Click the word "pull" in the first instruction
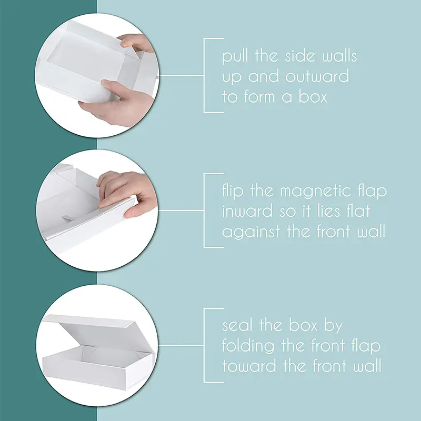pyautogui.click(x=235, y=57)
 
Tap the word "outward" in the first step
pyautogui.click(x=317, y=76)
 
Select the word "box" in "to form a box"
pyautogui.click(x=313, y=96)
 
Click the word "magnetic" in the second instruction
pyautogui.click(x=316, y=192)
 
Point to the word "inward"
pyautogui.click(x=247, y=211)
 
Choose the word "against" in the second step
pyautogui.click(x=252, y=232)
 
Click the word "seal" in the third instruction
pyautogui.click(x=238, y=325)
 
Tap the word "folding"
pyautogui.click(x=248, y=346)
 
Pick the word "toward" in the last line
pyautogui.click(x=249, y=366)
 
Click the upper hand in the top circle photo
pyautogui.click(x=136, y=43)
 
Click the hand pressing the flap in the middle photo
pyautogui.click(x=126, y=192)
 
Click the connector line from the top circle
pyautogui.click(x=182, y=75)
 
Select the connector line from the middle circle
pyautogui.click(x=181, y=210)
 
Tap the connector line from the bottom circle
pyautogui.click(x=181, y=346)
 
